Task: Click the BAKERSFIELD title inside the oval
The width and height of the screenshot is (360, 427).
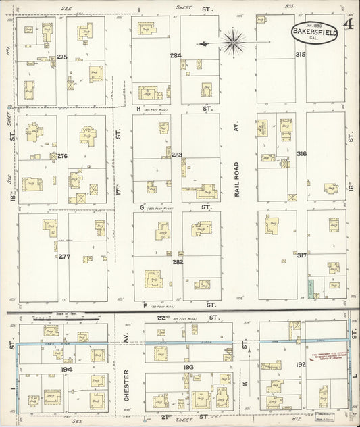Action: (x=315, y=31)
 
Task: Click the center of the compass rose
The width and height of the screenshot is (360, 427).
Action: (x=232, y=43)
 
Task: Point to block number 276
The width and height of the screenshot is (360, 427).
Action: (x=63, y=156)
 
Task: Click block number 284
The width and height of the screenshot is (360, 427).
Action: (x=176, y=55)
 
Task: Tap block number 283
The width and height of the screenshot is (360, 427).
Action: (x=177, y=155)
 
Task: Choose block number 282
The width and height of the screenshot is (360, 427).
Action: (x=178, y=261)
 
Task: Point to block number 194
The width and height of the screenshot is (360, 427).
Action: (x=66, y=370)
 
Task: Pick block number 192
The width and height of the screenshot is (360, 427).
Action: (x=301, y=365)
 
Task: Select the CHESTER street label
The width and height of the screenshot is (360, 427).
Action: (x=127, y=384)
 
